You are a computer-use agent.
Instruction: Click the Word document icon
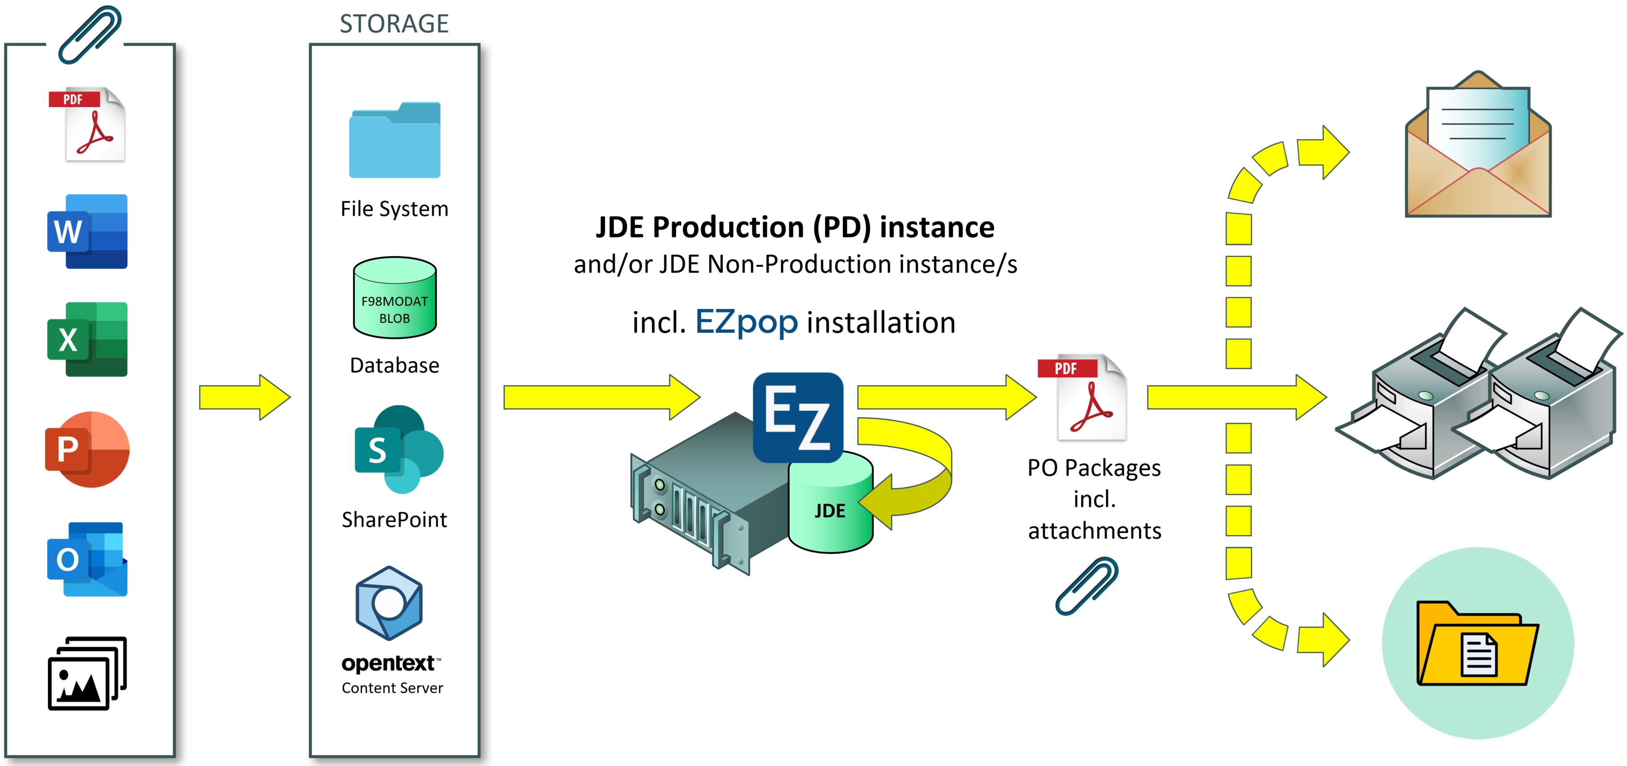point(87,231)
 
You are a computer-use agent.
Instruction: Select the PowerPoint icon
point(87,449)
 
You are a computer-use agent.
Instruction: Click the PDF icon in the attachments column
point(88,125)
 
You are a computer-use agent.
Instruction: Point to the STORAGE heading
point(394,24)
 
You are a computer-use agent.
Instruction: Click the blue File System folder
point(394,141)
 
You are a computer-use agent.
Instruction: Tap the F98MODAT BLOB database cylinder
point(394,298)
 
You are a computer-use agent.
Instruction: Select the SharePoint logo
point(398,450)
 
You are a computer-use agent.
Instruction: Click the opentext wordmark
point(388,663)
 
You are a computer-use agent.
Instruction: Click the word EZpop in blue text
point(746,322)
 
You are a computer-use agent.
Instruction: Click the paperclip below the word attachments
point(1086,586)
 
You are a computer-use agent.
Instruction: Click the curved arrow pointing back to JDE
point(916,470)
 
